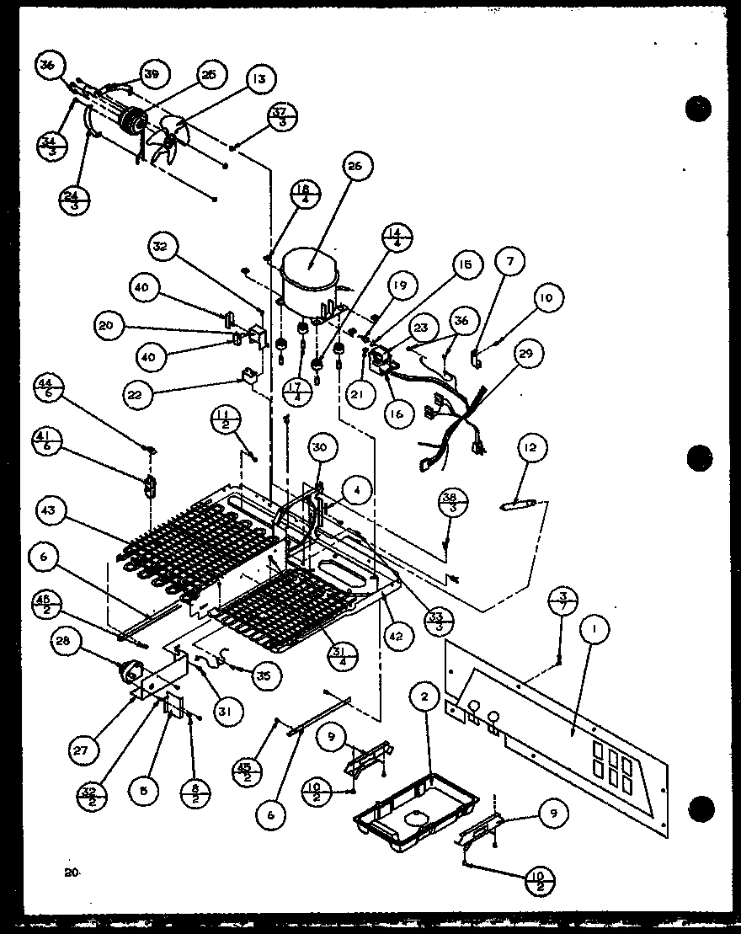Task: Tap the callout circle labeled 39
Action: [x=152, y=75]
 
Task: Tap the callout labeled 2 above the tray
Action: [x=424, y=696]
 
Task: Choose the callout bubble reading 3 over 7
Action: [x=566, y=601]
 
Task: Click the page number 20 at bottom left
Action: [x=70, y=873]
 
